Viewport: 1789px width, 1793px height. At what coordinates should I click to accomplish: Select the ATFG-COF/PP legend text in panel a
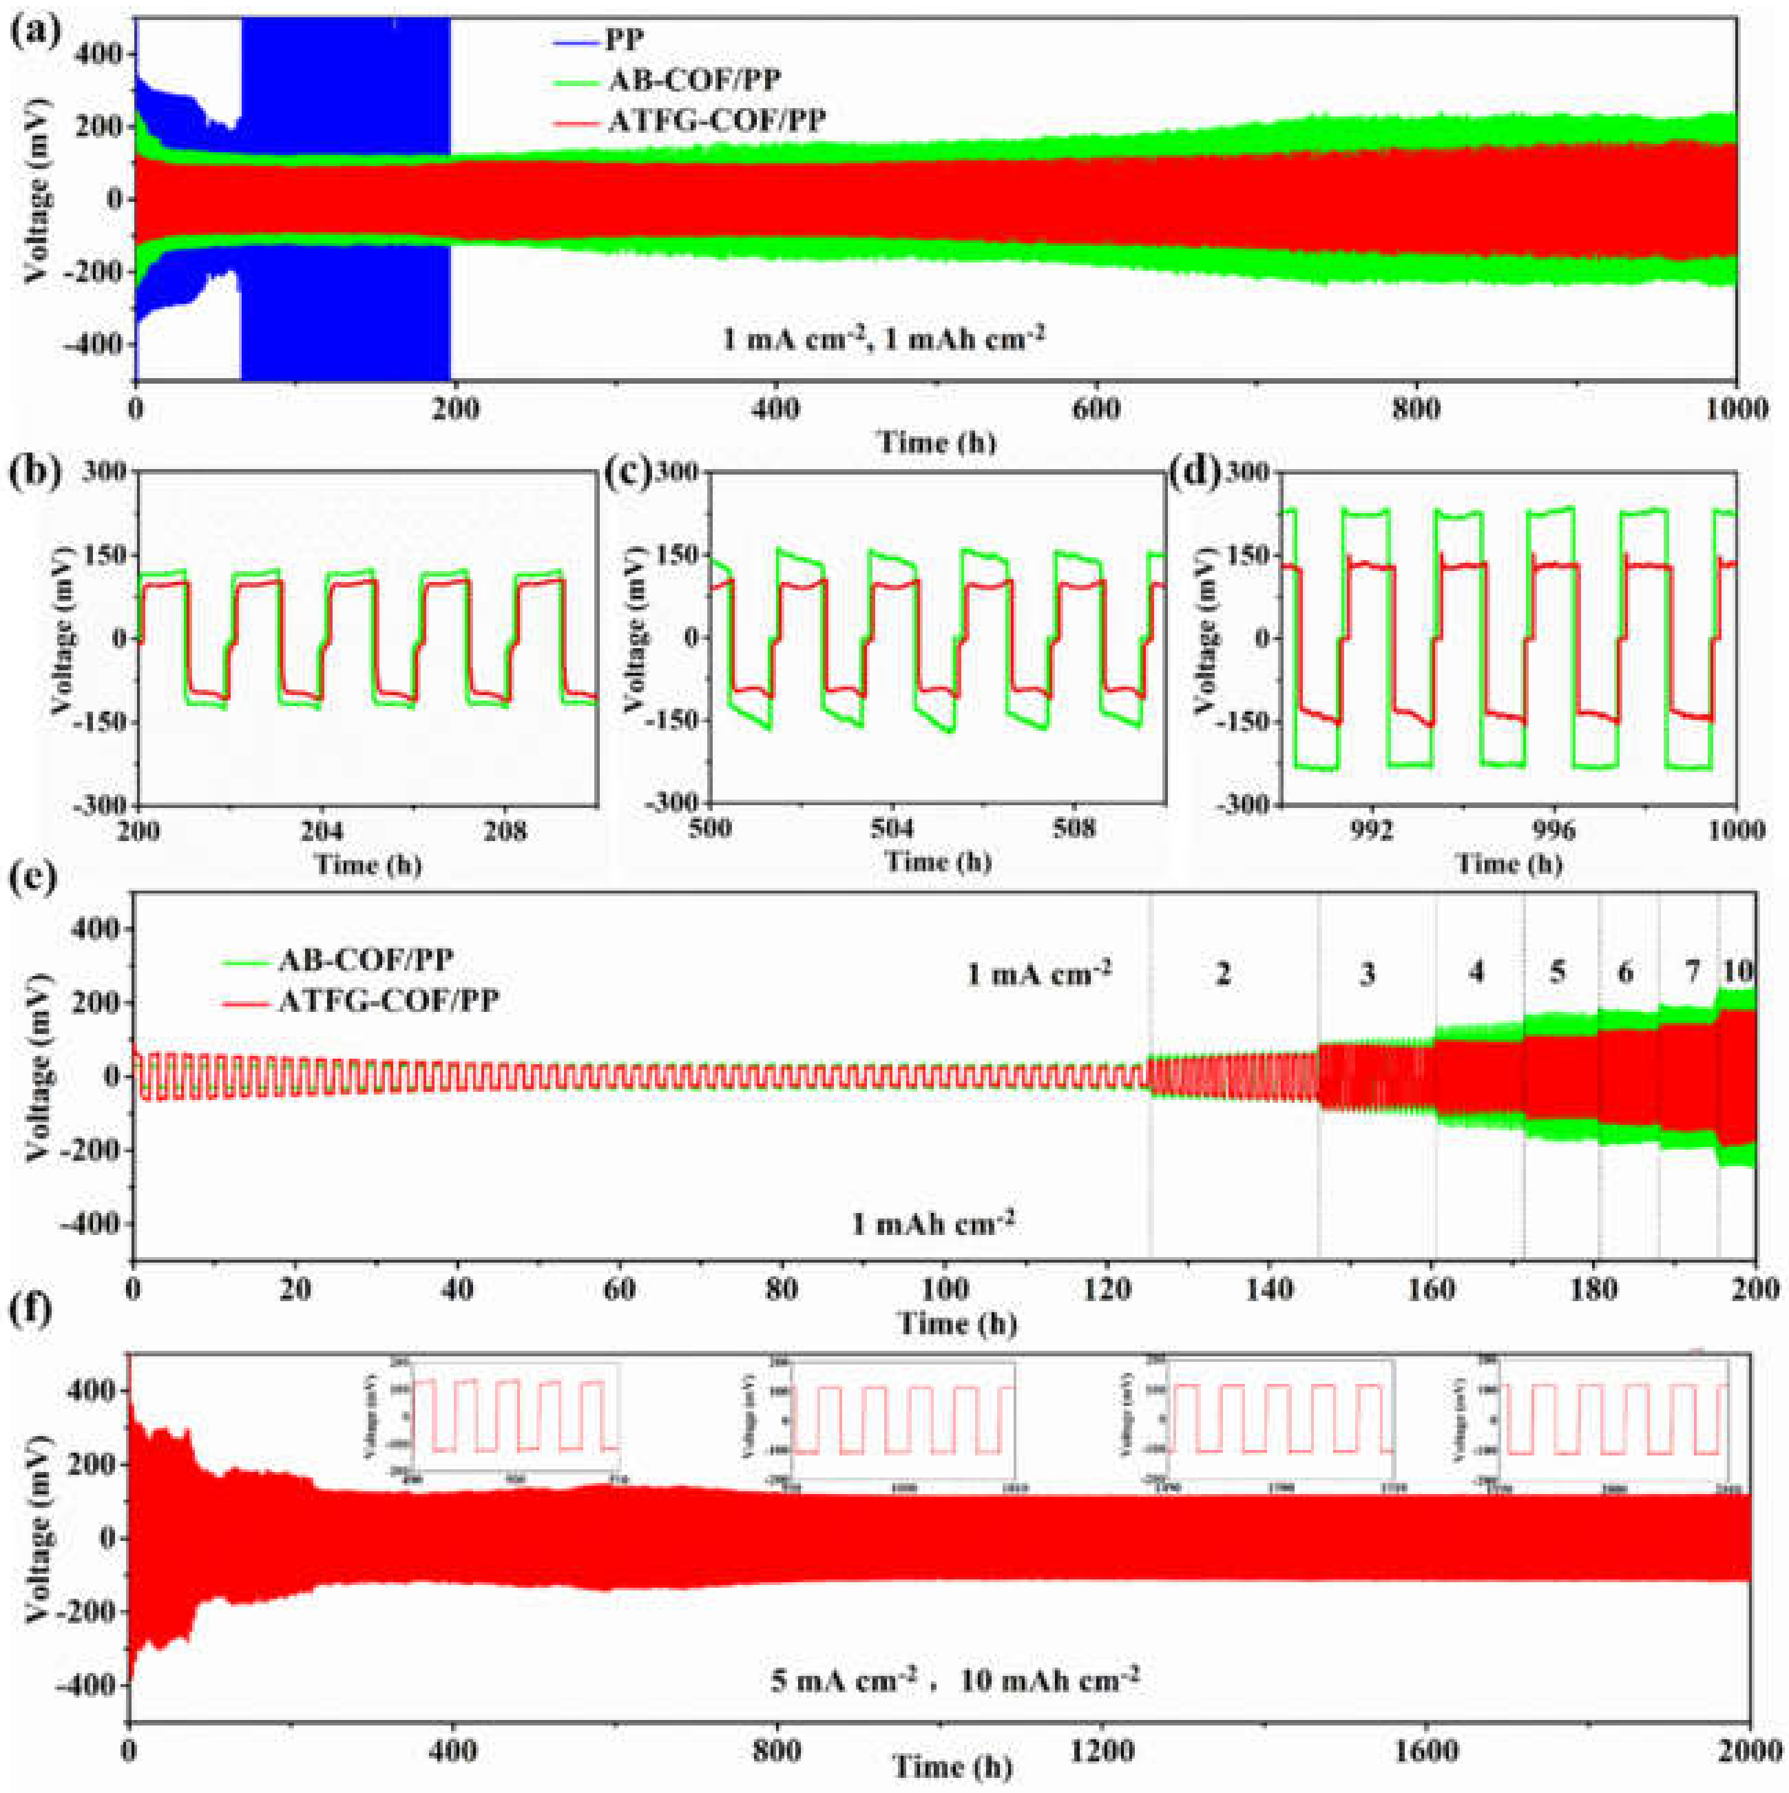coord(715,121)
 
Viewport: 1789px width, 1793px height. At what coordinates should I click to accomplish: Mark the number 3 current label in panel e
coord(1366,975)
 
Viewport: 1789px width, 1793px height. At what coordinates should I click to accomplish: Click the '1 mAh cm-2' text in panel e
coord(932,1223)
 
